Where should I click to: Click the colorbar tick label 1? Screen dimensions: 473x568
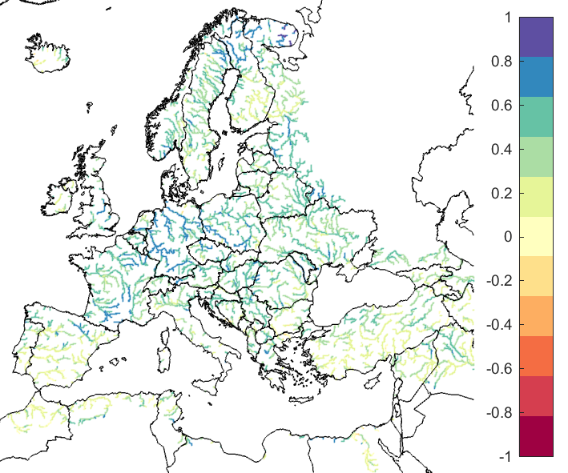(504, 17)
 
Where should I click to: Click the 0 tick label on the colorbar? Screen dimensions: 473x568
(505, 237)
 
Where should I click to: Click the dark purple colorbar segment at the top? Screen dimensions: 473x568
(536, 37)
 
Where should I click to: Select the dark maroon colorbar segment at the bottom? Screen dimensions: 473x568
(536, 436)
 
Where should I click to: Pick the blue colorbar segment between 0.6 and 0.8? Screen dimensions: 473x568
(536, 77)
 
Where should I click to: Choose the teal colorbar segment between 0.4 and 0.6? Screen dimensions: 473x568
(536, 117)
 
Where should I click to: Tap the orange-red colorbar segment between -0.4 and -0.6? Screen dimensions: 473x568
(536, 356)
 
